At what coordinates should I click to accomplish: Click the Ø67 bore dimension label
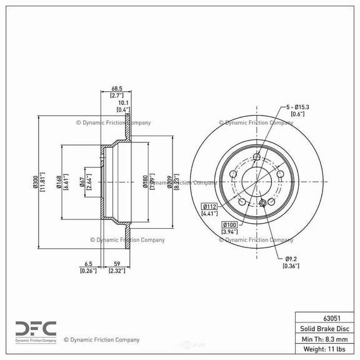click(82, 182)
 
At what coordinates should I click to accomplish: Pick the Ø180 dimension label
click(145, 182)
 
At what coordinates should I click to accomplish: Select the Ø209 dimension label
click(170, 182)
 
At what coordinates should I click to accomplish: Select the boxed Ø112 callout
click(210, 206)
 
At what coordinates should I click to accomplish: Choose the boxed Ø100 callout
click(229, 224)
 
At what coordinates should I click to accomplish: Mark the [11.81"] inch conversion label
click(43, 182)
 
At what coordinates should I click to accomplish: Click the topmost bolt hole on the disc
click(256, 157)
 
